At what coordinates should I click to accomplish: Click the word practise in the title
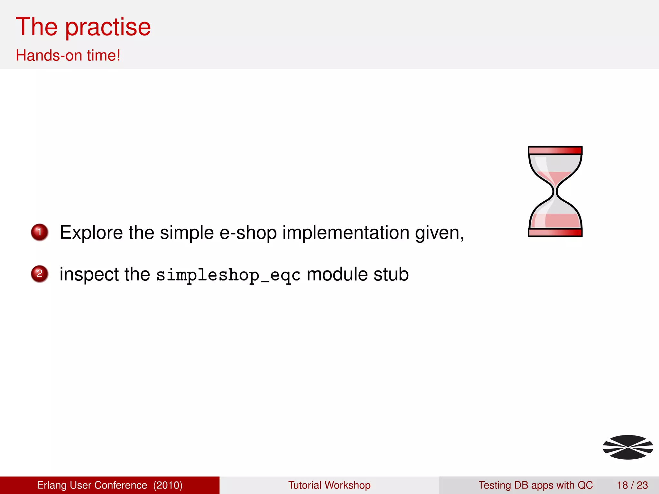point(108,27)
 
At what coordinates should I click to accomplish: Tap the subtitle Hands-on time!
point(68,55)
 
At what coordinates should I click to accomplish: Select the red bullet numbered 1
point(40,232)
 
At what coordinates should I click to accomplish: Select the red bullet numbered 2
point(40,274)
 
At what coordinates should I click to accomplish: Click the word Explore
point(91,233)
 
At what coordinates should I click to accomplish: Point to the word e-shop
point(248,233)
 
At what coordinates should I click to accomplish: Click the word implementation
point(346,233)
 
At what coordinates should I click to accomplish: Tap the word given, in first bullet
point(440,233)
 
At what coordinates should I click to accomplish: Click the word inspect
point(89,274)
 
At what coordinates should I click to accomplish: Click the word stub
point(391,274)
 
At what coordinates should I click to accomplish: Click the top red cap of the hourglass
point(555,150)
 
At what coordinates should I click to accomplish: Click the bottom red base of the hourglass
point(555,233)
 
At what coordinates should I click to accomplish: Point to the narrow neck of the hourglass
point(555,192)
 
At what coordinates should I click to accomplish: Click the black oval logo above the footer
point(628,447)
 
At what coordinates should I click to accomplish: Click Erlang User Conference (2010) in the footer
point(110,485)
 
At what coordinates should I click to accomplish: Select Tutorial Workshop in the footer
point(329,485)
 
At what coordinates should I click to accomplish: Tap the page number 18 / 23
point(632,485)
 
